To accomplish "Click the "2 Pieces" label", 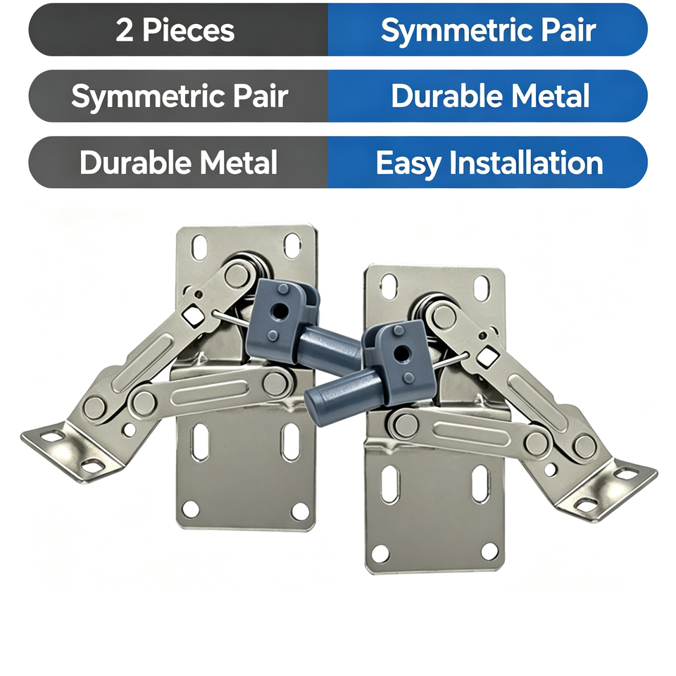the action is pyautogui.click(x=175, y=30).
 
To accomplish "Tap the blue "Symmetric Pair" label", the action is pyautogui.click(x=488, y=30).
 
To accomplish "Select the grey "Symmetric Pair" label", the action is pyautogui.click(x=180, y=96).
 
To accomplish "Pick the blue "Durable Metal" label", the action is pyautogui.click(x=490, y=96).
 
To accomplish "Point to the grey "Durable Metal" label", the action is pyautogui.click(x=178, y=163).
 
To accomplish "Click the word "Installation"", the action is pyautogui.click(x=526, y=163).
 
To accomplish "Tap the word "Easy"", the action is pyautogui.click(x=408, y=164).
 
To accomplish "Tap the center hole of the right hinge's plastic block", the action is pyautogui.click(x=402, y=353).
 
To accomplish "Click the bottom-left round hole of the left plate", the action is pyautogui.click(x=191, y=508).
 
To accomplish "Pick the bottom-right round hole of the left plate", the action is pyautogui.click(x=300, y=511).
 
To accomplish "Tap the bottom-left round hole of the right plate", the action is pyautogui.click(x=380, y=553).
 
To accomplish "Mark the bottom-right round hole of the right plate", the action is pyautogui.click(x=489, y=551).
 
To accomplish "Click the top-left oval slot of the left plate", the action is pyautogui.click(x=201, y=247).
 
